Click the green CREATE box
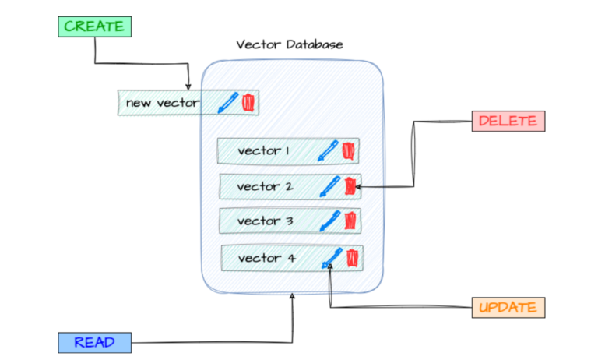pyautogui.click(x=94, y=26)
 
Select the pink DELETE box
pyautogui.click(x=508, y=122)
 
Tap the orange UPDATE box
pyautogui.click(x=508, y=307)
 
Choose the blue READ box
pyautogui.click(x=94, y=342)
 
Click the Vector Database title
pyautogui.click(x=290, y=44)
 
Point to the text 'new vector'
pyautogui.click(x=163, y=103)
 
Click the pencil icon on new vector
pyautogui.click(x=227, y=102)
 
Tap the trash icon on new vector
pyautogui.click(x=248, y=102)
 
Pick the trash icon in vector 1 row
pyautogui.click(x=348, y=150)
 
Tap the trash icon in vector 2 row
pyautogui.click(x=350, y=186)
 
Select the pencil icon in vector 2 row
pyautogui.click(x=330, y=186)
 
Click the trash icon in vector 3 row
pyautogui.click(x=350, y=221)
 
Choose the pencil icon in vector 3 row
pyautogui.click(x=330, y=221)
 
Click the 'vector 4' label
pyautogui.click(x=261, y=258)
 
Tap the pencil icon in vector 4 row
pyautogui.click(x=332, y=258)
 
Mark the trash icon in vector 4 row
pyautogui.click(x=352, y=257)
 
